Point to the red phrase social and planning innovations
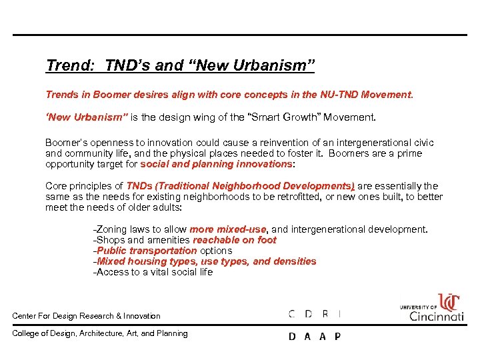(216, 163)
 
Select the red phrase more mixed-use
(228, 229)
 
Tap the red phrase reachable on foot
(235, 240)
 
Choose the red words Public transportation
(147, 251)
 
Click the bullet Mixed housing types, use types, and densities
(205, 261)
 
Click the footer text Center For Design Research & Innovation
(87, 316)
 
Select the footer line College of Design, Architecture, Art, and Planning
(101, 333)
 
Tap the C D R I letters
(314, 314)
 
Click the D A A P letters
(314, 337)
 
